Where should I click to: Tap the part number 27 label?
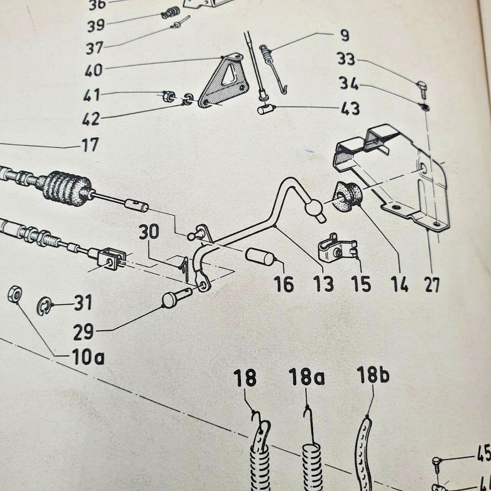pos(432,284)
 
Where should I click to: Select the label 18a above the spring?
pos(306,377)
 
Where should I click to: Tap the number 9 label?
pos(344,36)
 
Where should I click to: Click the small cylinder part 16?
pos(260,257)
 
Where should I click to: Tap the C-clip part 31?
pos(44,307)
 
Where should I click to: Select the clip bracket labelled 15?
pos(337,248)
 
